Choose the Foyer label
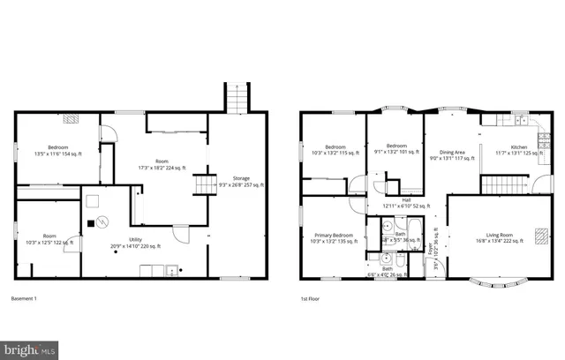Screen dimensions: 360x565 (434, 236)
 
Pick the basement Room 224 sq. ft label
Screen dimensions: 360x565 (162, 164)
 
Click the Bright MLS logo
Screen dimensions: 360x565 (29, 350)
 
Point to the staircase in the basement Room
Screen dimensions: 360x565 (205, 184)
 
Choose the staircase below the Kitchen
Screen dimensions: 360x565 (496, 185)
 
